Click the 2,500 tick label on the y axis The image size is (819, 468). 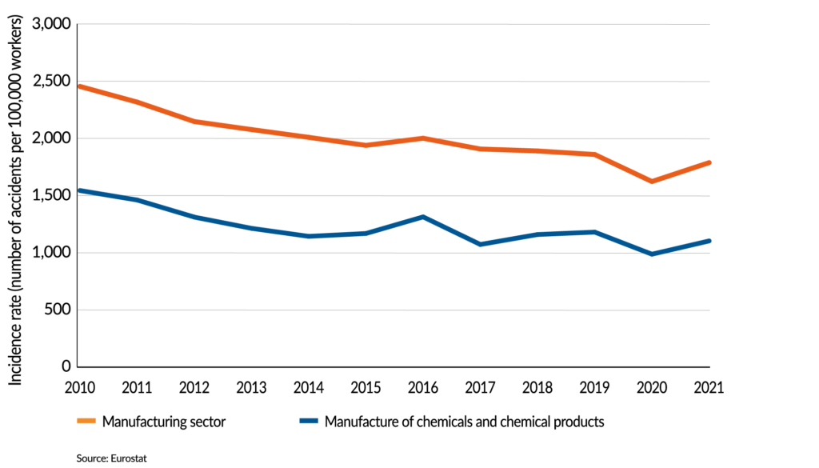click(50, 82)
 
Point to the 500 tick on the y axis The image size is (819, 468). click(58, 310)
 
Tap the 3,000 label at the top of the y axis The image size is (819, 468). click(50, 25)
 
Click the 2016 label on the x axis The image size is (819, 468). click(422, 388)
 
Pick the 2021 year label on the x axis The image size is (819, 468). click(709, 388)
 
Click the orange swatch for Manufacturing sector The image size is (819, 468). click(87, 422)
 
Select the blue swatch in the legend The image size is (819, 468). click(309, 422)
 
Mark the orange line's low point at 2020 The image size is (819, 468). click(652, 182)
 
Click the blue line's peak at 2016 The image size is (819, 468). click(422, 217)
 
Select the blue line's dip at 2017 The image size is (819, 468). click(480, 244)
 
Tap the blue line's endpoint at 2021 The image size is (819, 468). click(709, 241)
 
